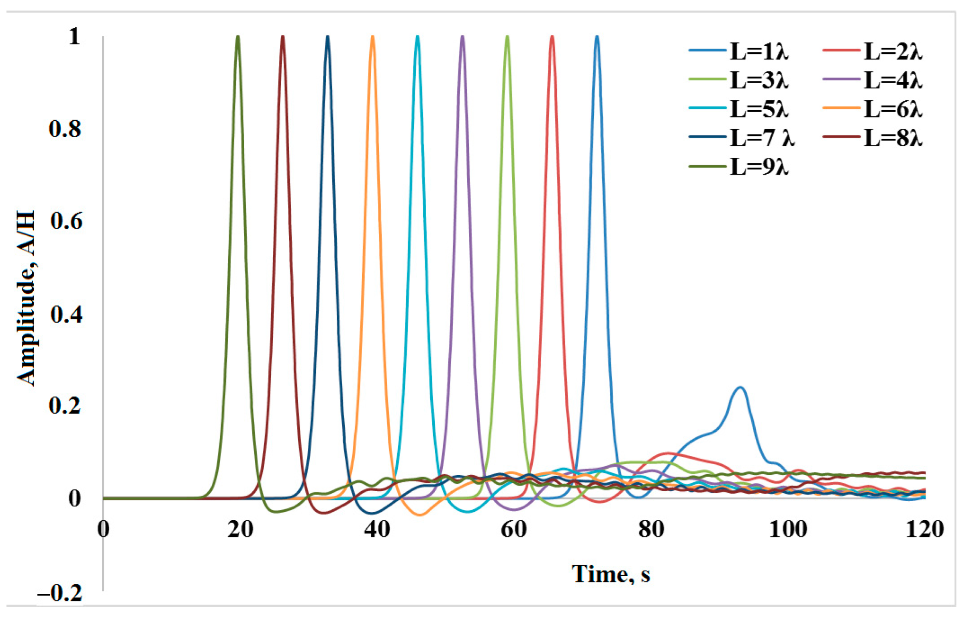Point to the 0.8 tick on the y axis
pyautogui.click(x=65, y=129)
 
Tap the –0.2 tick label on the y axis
pyautogui.click(x=60, y=593)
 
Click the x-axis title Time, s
pyautogui.click(x=611, y=574)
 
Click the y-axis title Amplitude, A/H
pyautogui.click(x=27, y=298)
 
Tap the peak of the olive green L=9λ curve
pyautogui.click(x=238, y=37)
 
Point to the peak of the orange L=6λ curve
pyautogui.click(x=372, y=37)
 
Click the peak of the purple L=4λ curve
pyautogui.click(x=462, y=37)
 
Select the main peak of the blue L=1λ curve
pyautogui.click(x=597, y=37)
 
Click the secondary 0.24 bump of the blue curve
pyautogui.click(x=740, y=387)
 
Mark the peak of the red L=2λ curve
pyautogui.click(x=552, y=37)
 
